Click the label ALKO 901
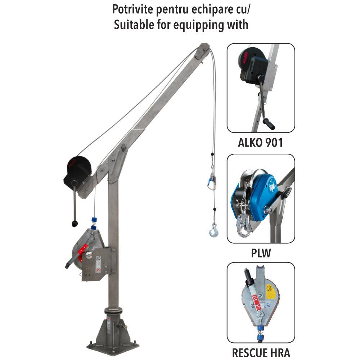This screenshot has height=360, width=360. (260, 143)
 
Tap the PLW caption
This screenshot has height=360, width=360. (261, 253)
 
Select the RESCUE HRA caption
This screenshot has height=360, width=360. (261, 353)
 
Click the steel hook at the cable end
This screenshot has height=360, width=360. (214, 230)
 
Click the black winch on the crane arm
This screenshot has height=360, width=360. (78, 171)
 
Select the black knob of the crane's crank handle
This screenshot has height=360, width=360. (75, 224)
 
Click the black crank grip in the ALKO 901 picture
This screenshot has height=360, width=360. (269, 124)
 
